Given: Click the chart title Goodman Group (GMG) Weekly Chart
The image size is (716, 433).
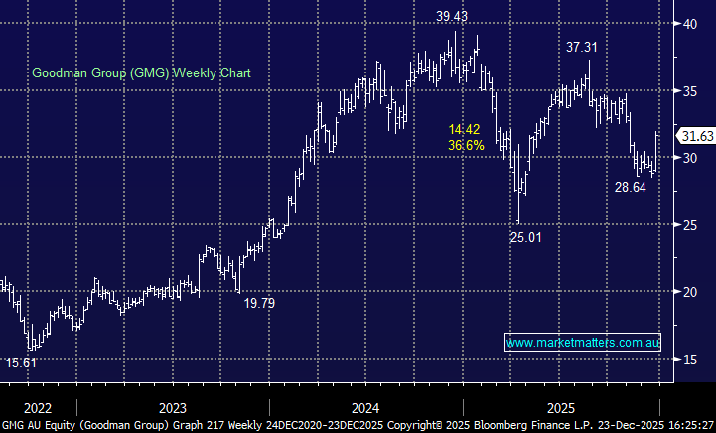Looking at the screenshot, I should tap(142, 72).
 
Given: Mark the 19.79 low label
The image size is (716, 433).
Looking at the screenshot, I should tap(259, 303).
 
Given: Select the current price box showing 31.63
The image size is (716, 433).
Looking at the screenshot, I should tap(695, 136).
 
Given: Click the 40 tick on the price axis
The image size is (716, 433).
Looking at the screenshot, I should tap(688, 24).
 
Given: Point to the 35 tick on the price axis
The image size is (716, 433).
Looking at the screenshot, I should tap(688, 90).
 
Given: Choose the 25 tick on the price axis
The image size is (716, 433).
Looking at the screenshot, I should tap(688, 224).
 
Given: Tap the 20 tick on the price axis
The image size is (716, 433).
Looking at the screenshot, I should tap(688, 292).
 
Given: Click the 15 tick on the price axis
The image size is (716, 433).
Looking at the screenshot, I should tap(688, 359).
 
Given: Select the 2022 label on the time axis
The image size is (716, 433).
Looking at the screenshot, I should tap(37, 408).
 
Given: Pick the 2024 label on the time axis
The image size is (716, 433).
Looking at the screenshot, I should tap(365, 408).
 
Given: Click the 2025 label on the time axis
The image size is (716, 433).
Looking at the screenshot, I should tap(561, 408).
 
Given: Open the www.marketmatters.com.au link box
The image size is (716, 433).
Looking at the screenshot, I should tap(583, 342).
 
